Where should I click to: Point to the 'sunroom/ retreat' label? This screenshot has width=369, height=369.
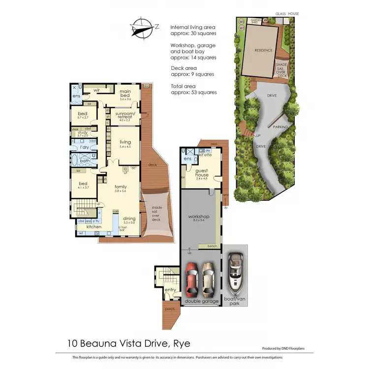pyautogui.click(x=123, y=115)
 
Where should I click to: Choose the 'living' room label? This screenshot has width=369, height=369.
pyautogui.click(x=124, y=142)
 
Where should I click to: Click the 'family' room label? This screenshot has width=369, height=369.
pyautogui.click(x=121, y=187)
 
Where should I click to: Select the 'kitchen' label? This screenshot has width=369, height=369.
pyautogui.click(x=93, y=227)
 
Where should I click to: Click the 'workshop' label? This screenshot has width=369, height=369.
pyautogui.click(x=199, y=216)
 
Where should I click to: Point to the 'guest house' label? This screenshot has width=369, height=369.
pyautogui.click(x=202, y=172)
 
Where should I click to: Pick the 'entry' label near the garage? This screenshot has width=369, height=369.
pyautogui.click(x=170, y=290)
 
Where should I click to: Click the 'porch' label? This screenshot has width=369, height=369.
pyautogui.click(x=170, y=309)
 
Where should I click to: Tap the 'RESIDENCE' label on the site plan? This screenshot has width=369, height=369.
pyautogui.click(x=263, y=50)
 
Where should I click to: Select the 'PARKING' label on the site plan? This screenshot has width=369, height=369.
pyautogui.click(x=280, y=127)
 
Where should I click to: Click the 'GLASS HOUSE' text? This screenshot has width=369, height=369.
pyautogui.click(x=287, y=14)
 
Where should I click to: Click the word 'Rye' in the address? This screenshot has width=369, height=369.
pyautogui.click(x=182, y=343)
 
